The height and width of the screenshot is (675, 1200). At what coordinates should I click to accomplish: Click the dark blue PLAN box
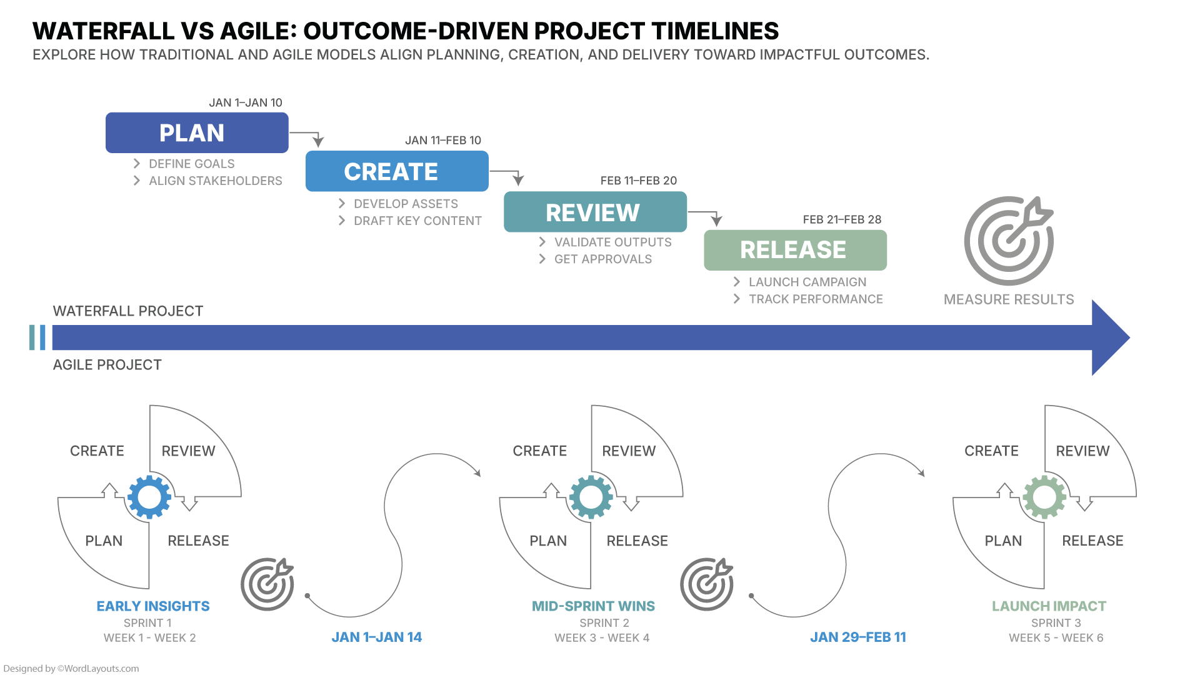pos(197,132)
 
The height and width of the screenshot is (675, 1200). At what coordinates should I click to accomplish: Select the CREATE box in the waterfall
pos(397,171)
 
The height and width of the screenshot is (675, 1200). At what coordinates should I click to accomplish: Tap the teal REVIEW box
pos(595,212)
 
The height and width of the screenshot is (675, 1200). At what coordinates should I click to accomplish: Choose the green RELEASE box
pos(795,250)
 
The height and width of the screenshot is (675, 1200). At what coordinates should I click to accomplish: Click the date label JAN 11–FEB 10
pos(443,141)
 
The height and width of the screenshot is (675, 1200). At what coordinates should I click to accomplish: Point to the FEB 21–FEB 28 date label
pos(842,220)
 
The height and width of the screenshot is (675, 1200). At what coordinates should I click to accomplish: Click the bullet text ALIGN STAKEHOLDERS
pos(215,181)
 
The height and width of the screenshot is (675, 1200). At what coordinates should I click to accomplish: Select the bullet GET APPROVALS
pos(602,259)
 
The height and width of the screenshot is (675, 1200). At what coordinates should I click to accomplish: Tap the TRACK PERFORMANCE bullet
pos(816,299)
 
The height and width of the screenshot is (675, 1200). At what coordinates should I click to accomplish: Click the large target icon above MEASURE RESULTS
pos(1008,241)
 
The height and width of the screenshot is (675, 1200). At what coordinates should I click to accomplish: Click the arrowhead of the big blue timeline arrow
pos(1109,337)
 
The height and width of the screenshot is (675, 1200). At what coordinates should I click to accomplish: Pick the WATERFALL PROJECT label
pos(128,311)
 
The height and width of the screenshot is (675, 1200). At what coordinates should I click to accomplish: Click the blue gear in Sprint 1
pos(149,497)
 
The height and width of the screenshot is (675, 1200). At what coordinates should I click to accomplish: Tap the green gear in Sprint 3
pos(1044,497)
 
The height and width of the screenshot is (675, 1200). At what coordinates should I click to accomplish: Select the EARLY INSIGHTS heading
pos(153,606)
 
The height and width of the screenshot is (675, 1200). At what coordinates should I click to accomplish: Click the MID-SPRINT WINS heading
pos(593,606)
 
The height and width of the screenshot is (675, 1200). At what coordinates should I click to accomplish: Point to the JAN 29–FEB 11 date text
pos(858,637)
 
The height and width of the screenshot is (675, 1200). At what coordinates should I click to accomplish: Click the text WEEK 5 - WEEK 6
pos(1056,638)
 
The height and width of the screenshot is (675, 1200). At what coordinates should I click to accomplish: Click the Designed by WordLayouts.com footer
pos(71,669)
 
